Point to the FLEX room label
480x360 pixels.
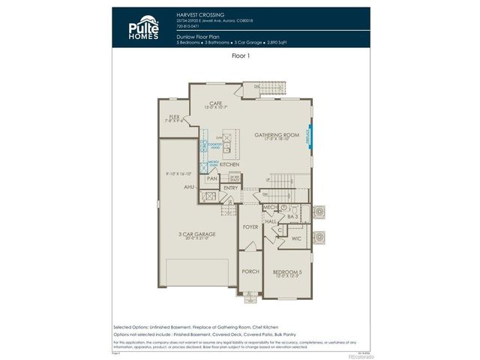click(174, 117)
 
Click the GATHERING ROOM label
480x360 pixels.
click(276, 134)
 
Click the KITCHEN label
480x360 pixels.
click(229, 163)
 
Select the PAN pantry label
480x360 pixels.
click(212, 179)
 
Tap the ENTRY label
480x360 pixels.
click(230, 187)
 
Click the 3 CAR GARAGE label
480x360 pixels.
click(196, 234)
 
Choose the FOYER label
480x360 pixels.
click(250, 226)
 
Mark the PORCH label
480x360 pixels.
click(250, 271)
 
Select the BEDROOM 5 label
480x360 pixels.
click(286, 271)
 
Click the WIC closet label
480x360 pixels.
click(295, 238)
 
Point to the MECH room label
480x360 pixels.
click(270, 208)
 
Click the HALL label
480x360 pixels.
click(271, 221)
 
